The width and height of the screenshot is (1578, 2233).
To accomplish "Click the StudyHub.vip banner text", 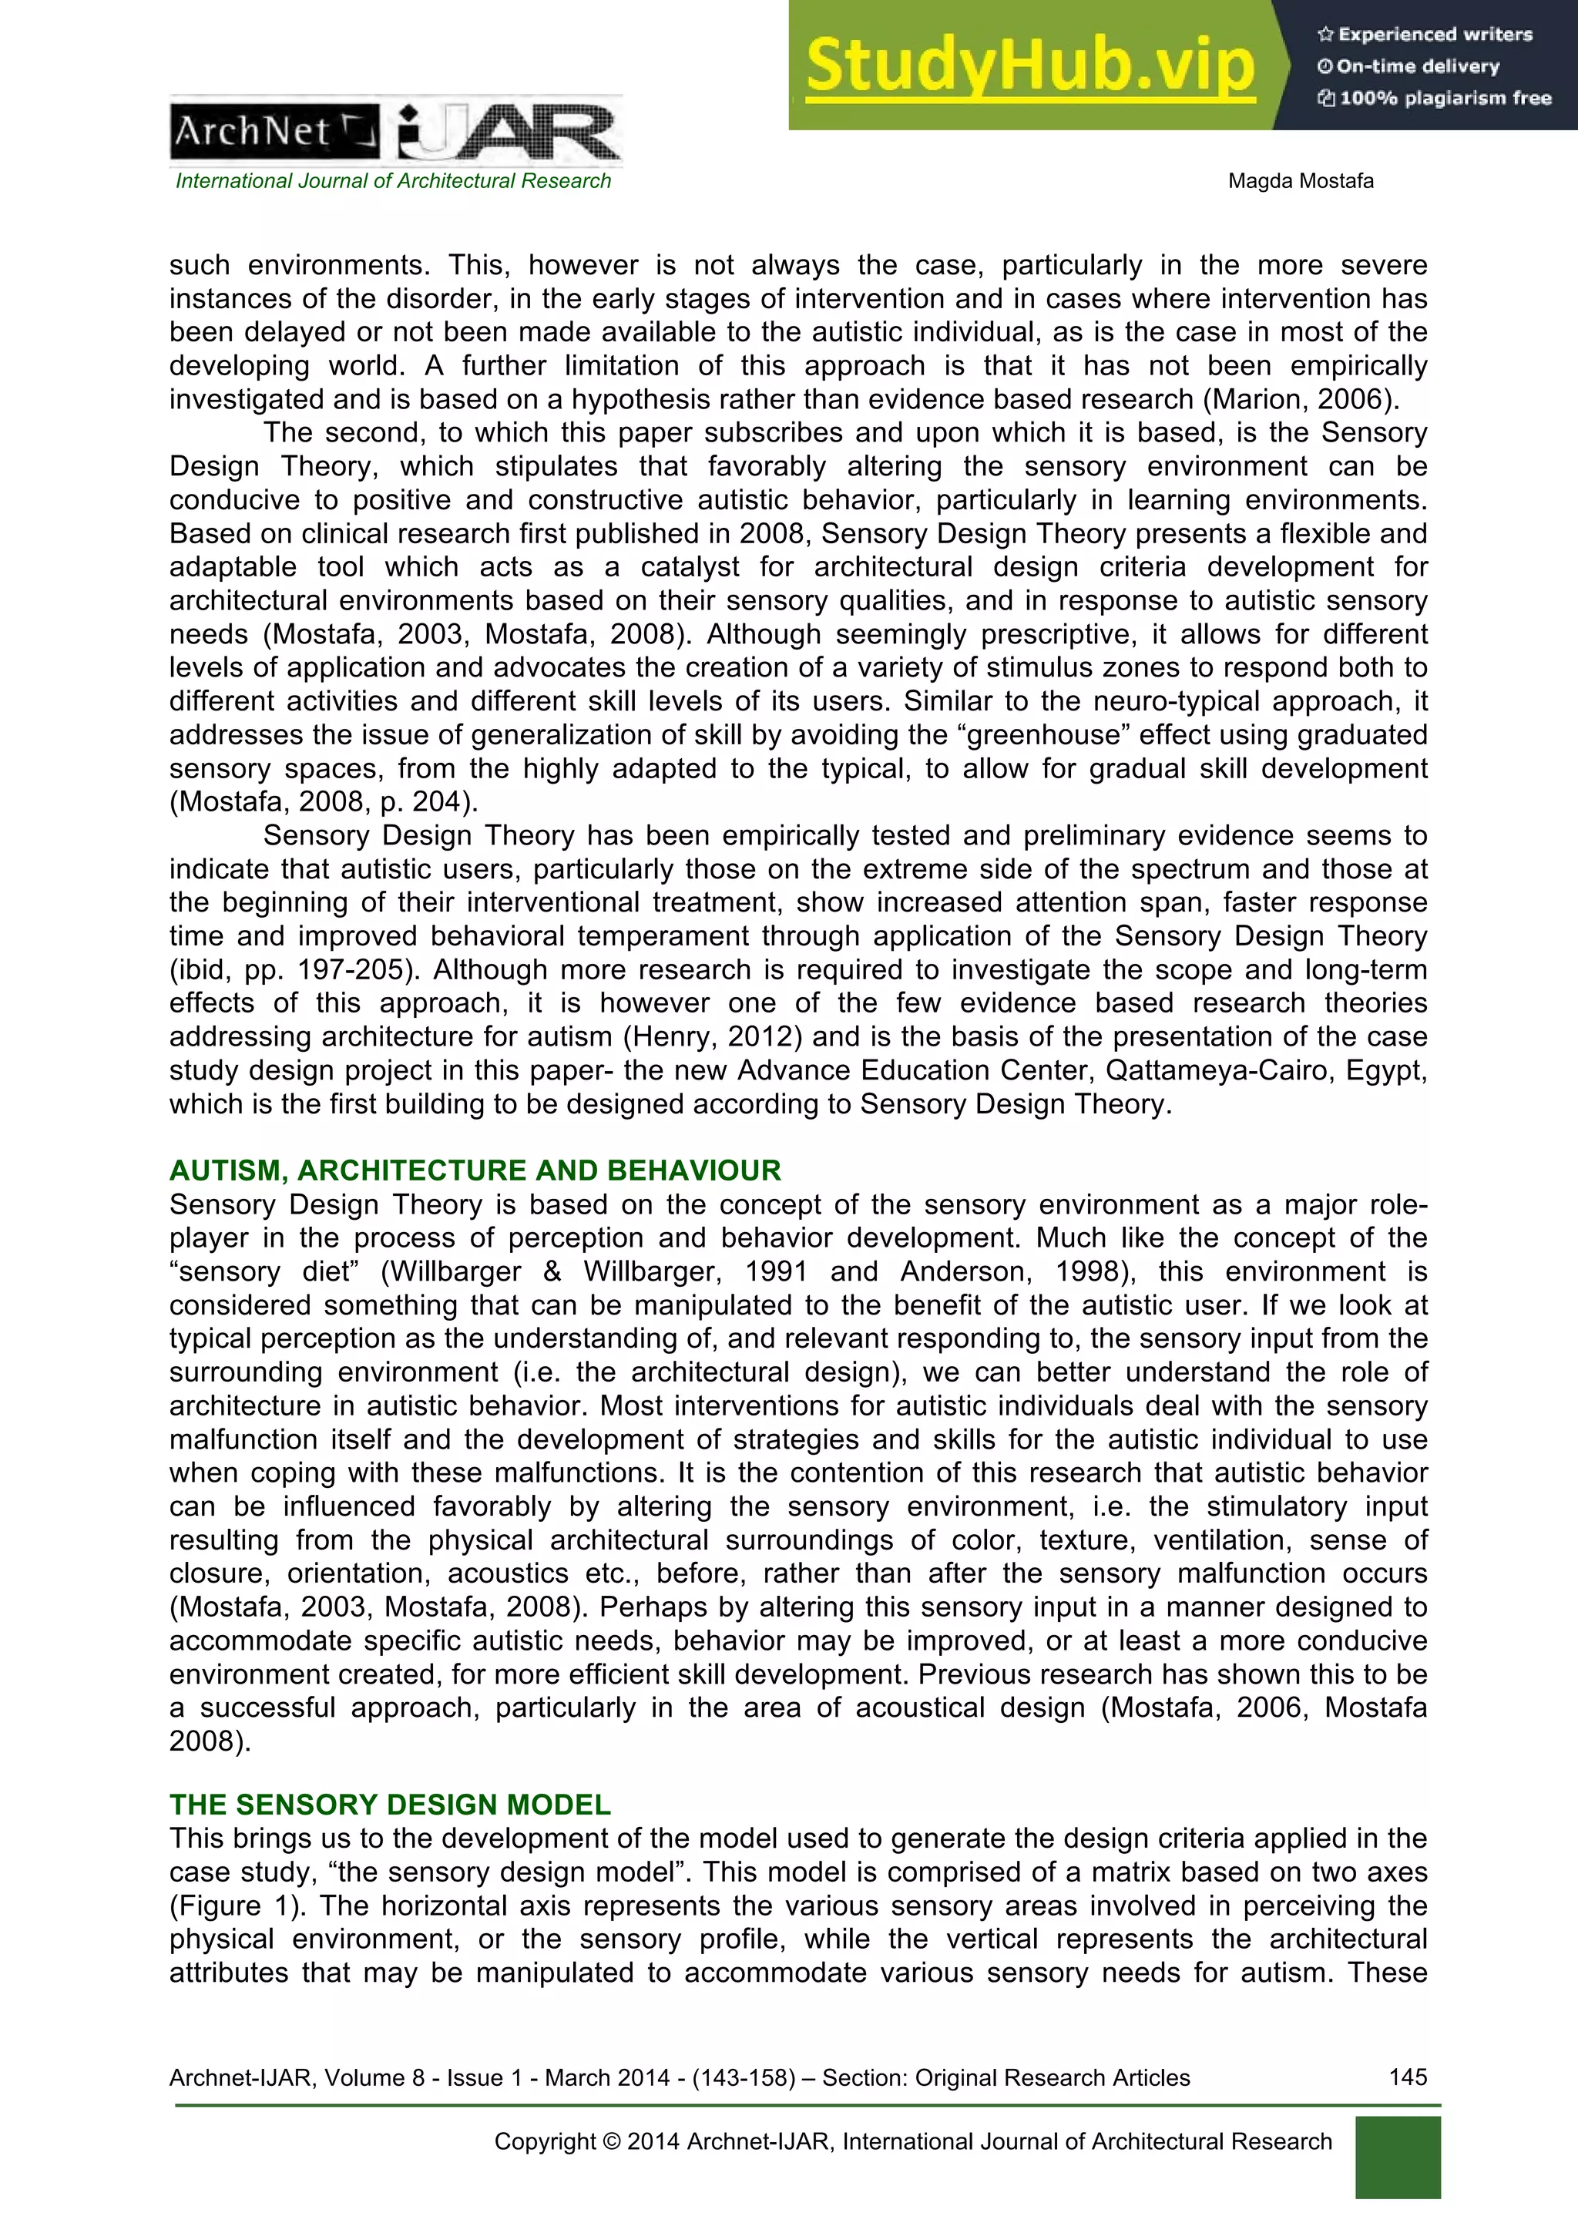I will pyautogui.click(x=1029, y=66).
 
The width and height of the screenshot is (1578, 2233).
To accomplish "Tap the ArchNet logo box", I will pyautogui.click(x=275, y=131).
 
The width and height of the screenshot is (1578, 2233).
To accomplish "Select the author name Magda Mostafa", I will pyautogui.click(x=1300, y=181).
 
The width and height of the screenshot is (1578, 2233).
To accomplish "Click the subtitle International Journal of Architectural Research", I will pyautogui.click(x=393, y=181).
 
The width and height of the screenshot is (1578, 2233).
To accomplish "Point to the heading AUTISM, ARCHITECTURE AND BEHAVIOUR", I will pyautogui.click(x=475, y=1170).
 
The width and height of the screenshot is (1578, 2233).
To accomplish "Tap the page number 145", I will pyautogui.click(x=1407, y=2077).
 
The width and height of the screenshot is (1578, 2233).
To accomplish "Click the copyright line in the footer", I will pyautogui.click(x=912, y=2141).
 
